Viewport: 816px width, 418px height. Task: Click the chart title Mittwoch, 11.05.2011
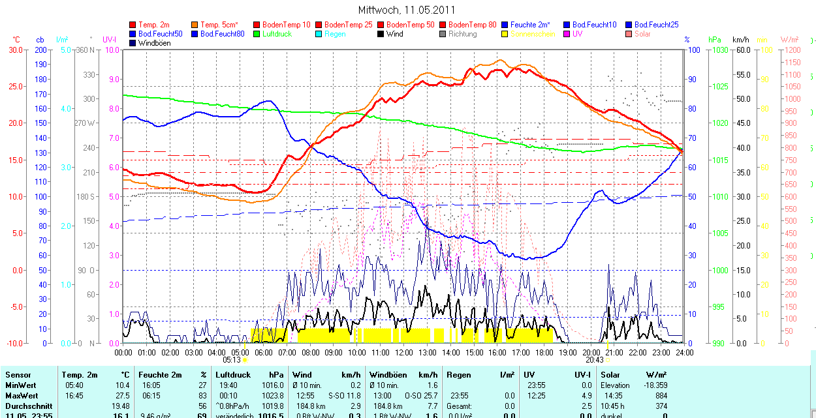tap(407, 10)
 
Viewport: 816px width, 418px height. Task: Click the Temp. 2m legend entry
tap(154, 25)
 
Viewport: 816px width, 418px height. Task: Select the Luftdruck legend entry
tap(276, 34)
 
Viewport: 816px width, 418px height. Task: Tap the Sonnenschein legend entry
tap(533, 34)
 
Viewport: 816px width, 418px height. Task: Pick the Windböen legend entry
tap(153, 43)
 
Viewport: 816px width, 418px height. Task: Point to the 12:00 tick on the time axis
tap(404, 352)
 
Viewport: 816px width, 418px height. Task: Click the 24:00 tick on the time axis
tap(684, 352)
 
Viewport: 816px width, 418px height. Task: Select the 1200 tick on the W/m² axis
tap(791, 50)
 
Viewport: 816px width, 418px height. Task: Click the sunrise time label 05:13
tap(232, 359)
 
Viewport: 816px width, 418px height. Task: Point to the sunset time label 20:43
tap(594, 359)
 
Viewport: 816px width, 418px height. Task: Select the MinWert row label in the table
tap(20, 385)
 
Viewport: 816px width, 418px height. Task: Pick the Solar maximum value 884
tap(661, 396)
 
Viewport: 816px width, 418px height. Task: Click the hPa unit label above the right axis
tap(715, 40)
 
